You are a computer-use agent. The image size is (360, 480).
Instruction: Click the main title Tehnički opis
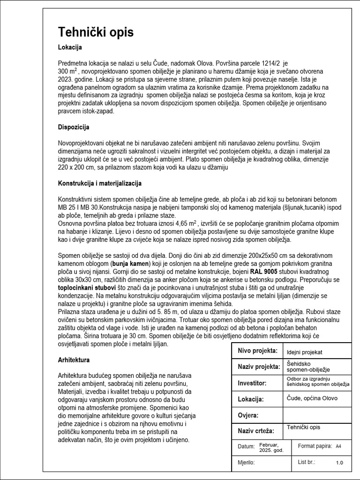tap(96, 32)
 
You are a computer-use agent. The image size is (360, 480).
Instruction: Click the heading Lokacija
tap(70, 47)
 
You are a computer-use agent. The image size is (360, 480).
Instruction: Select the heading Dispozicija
tap(74, 127)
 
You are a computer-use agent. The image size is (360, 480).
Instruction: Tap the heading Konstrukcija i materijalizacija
tap(100, 183)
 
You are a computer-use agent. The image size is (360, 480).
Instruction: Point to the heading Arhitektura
tap(74, 360)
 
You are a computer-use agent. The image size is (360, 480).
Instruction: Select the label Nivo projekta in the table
tap(258, 351)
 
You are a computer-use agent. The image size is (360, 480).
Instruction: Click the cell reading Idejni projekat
tap(305, 352)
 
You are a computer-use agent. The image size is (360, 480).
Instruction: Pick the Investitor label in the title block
tap(252, 383)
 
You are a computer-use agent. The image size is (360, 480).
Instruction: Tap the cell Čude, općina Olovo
tap(312, 398)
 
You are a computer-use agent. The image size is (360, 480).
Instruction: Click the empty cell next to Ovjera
tap(317, 415)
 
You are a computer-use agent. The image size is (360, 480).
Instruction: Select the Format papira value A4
tap(338, 446)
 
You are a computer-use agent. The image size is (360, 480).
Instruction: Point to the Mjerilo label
tap(247, 462)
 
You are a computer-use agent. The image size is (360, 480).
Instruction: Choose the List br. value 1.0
tap(339, 463)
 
